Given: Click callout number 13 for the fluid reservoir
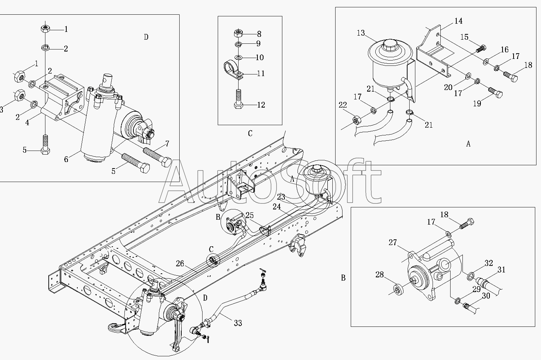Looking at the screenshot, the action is coord(361,33).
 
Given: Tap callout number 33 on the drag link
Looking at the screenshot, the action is coord(238,323).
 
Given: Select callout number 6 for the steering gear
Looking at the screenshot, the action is coord(66,160).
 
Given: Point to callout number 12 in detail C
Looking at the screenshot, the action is coord(261,105).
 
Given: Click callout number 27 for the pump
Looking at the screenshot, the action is coord(393,243).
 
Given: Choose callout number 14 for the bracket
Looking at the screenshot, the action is coord(458,21).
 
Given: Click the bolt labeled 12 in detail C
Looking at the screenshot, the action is coord(238,99).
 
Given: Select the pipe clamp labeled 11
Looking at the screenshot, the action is coord(233,70).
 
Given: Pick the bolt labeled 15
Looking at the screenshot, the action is coord(481,49).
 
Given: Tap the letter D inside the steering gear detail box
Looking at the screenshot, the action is coord(146,37).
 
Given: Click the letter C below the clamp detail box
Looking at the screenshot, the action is coord(250,133).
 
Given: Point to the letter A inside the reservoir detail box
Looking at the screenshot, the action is coord(468,144).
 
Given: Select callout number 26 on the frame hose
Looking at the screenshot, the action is coord(180,264).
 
